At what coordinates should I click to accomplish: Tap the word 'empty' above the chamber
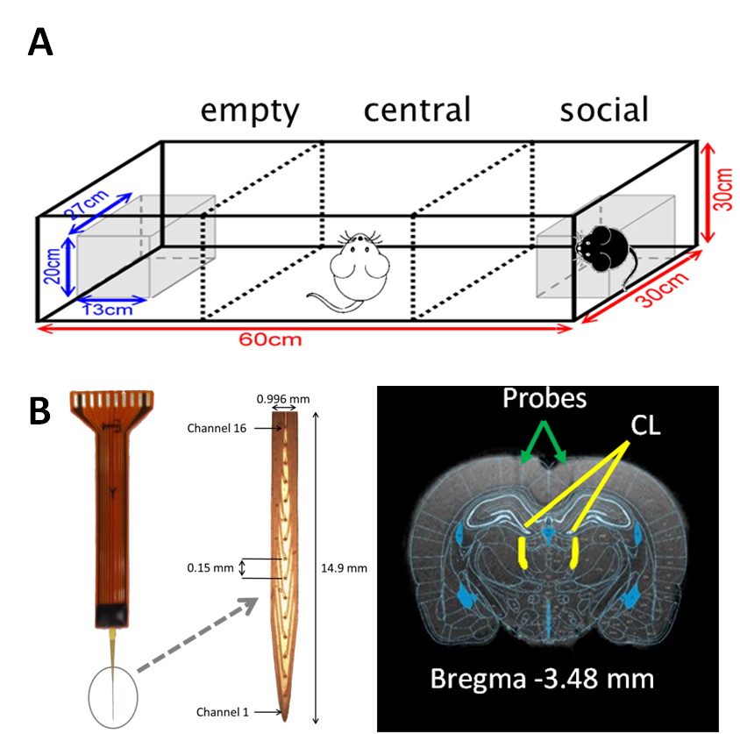pos(250,111)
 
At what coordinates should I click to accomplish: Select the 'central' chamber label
pos(416,110)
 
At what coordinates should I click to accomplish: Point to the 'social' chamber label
pos(604,110)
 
